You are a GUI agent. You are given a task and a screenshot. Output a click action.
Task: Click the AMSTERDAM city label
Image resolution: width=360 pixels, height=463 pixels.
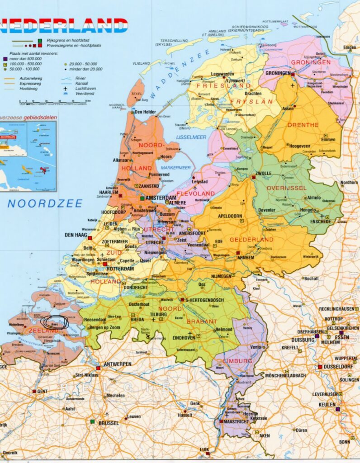point(161,198)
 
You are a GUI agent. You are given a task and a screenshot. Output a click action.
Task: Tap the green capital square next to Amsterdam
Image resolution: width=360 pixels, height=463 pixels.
point(142,198)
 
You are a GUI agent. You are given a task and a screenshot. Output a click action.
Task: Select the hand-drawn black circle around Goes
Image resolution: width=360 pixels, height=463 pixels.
point(55,322)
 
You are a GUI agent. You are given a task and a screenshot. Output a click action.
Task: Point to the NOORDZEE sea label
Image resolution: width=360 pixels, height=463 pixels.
point(45,203)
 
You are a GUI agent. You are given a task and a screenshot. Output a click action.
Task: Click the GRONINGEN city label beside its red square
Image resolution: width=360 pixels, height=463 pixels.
point(277,73)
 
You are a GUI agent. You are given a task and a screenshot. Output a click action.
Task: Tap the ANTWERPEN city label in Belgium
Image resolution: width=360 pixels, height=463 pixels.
point(117,364)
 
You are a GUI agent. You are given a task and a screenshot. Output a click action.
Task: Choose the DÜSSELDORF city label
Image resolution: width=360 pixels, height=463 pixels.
point(340,367)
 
